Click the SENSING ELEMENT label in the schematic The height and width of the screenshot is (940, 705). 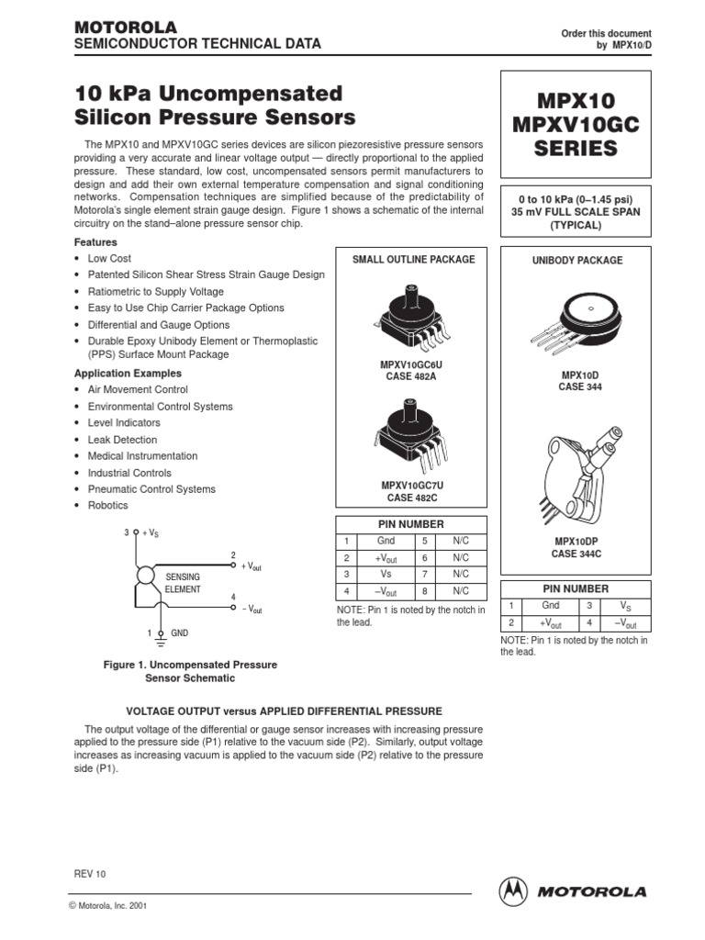[182, 582]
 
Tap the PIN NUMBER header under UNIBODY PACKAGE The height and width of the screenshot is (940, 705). [575, 588]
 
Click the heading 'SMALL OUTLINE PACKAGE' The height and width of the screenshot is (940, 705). [414, 260]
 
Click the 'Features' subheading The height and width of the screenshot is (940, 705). [95, 242]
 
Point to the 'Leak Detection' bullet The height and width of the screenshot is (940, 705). [122, 440]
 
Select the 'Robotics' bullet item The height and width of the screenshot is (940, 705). [108, 506]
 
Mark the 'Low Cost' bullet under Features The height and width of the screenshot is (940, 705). [109, 259]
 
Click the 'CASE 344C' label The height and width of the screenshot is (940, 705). [577, 554]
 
